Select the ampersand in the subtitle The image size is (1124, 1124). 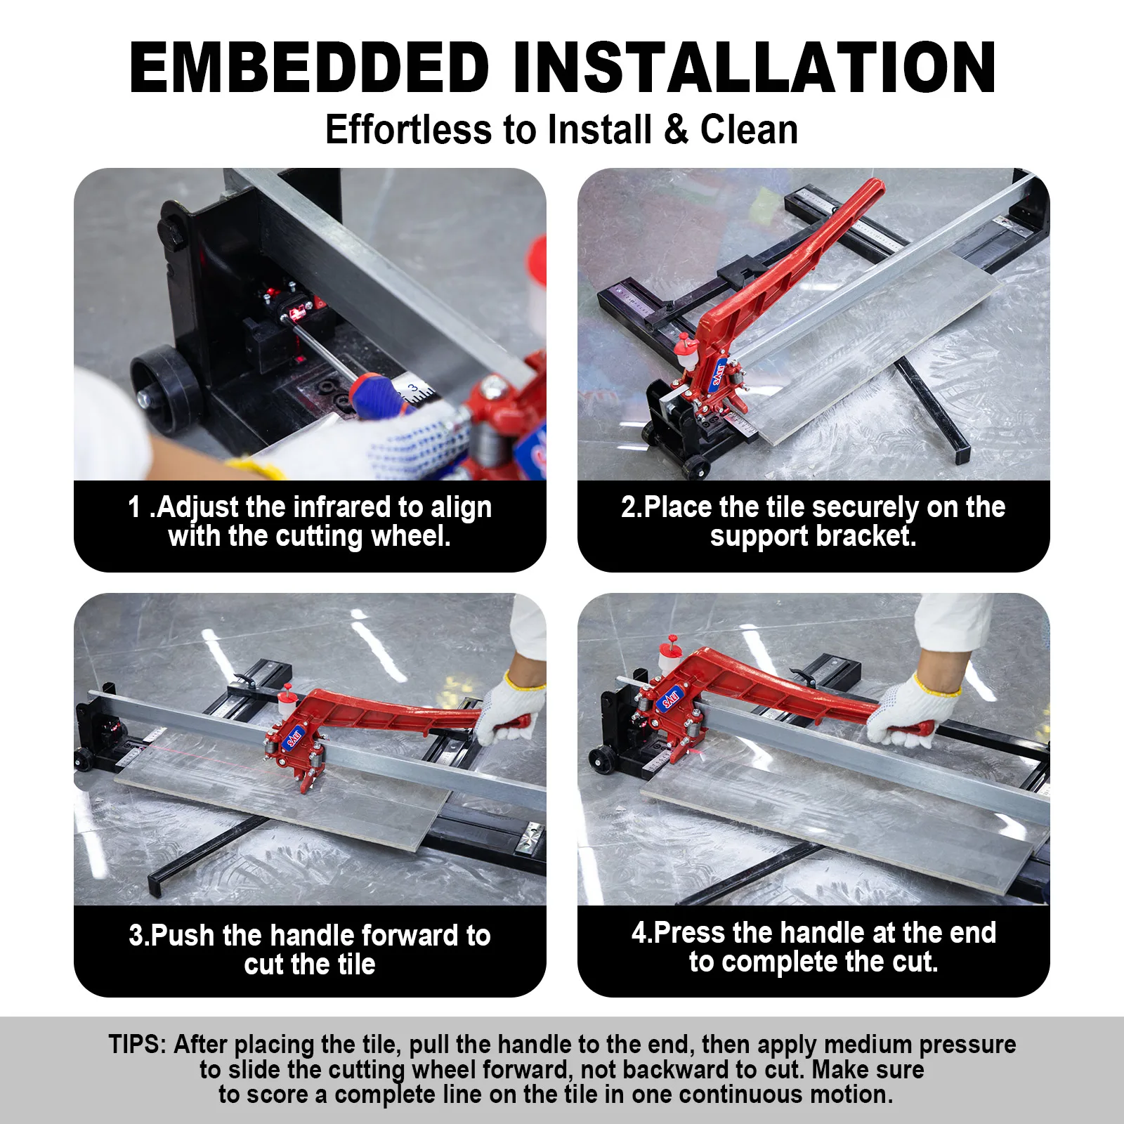point(675,130)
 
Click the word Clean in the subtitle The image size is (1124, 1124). point(749,130)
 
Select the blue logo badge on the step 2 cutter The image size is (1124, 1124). point(719,374)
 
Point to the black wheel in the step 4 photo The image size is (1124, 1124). point(601,760)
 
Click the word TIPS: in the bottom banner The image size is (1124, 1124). point(137,1045)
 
